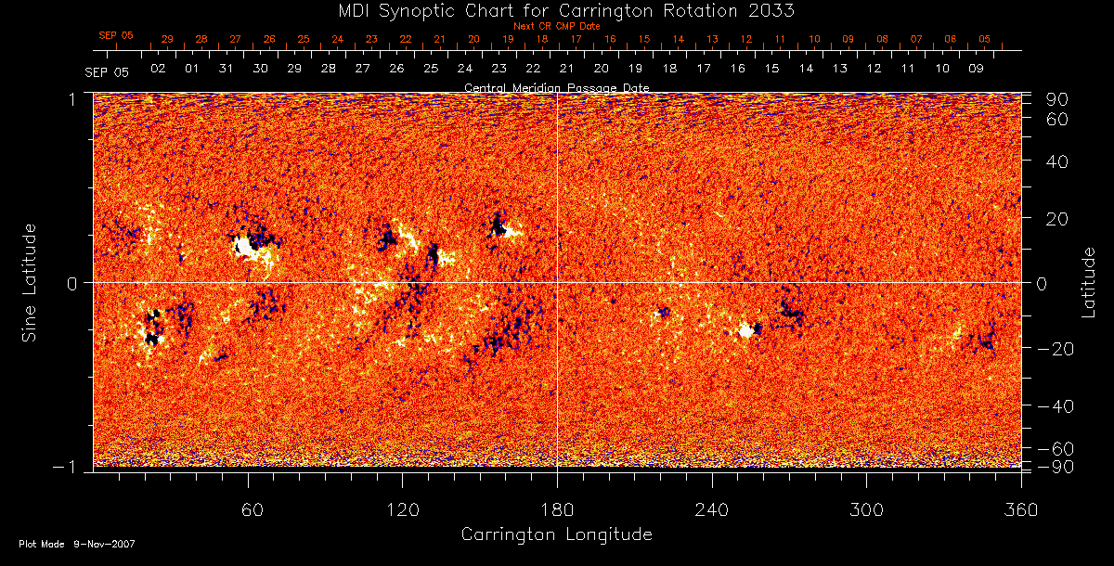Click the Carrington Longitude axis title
click(x=556, y=534)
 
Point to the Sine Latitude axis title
click(x=31, y=282)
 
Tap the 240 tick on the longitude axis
click(x=712, y=509)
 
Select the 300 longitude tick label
click(x=866, y=509)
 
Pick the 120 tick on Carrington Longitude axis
click(x=402, y=509)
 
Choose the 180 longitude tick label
click(x=557, y=509)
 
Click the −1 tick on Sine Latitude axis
click(x=70, y=467)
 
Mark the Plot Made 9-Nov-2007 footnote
click(x=77, y=544)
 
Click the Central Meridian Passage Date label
click(x=556, y=87)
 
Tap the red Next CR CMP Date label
click(x=556, y=26)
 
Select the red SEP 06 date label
click(x=116, y=35)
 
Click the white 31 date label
click(x=226, y=70)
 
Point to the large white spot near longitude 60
click(x=245, y=247)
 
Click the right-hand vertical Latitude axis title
click(x=1088, y=282)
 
